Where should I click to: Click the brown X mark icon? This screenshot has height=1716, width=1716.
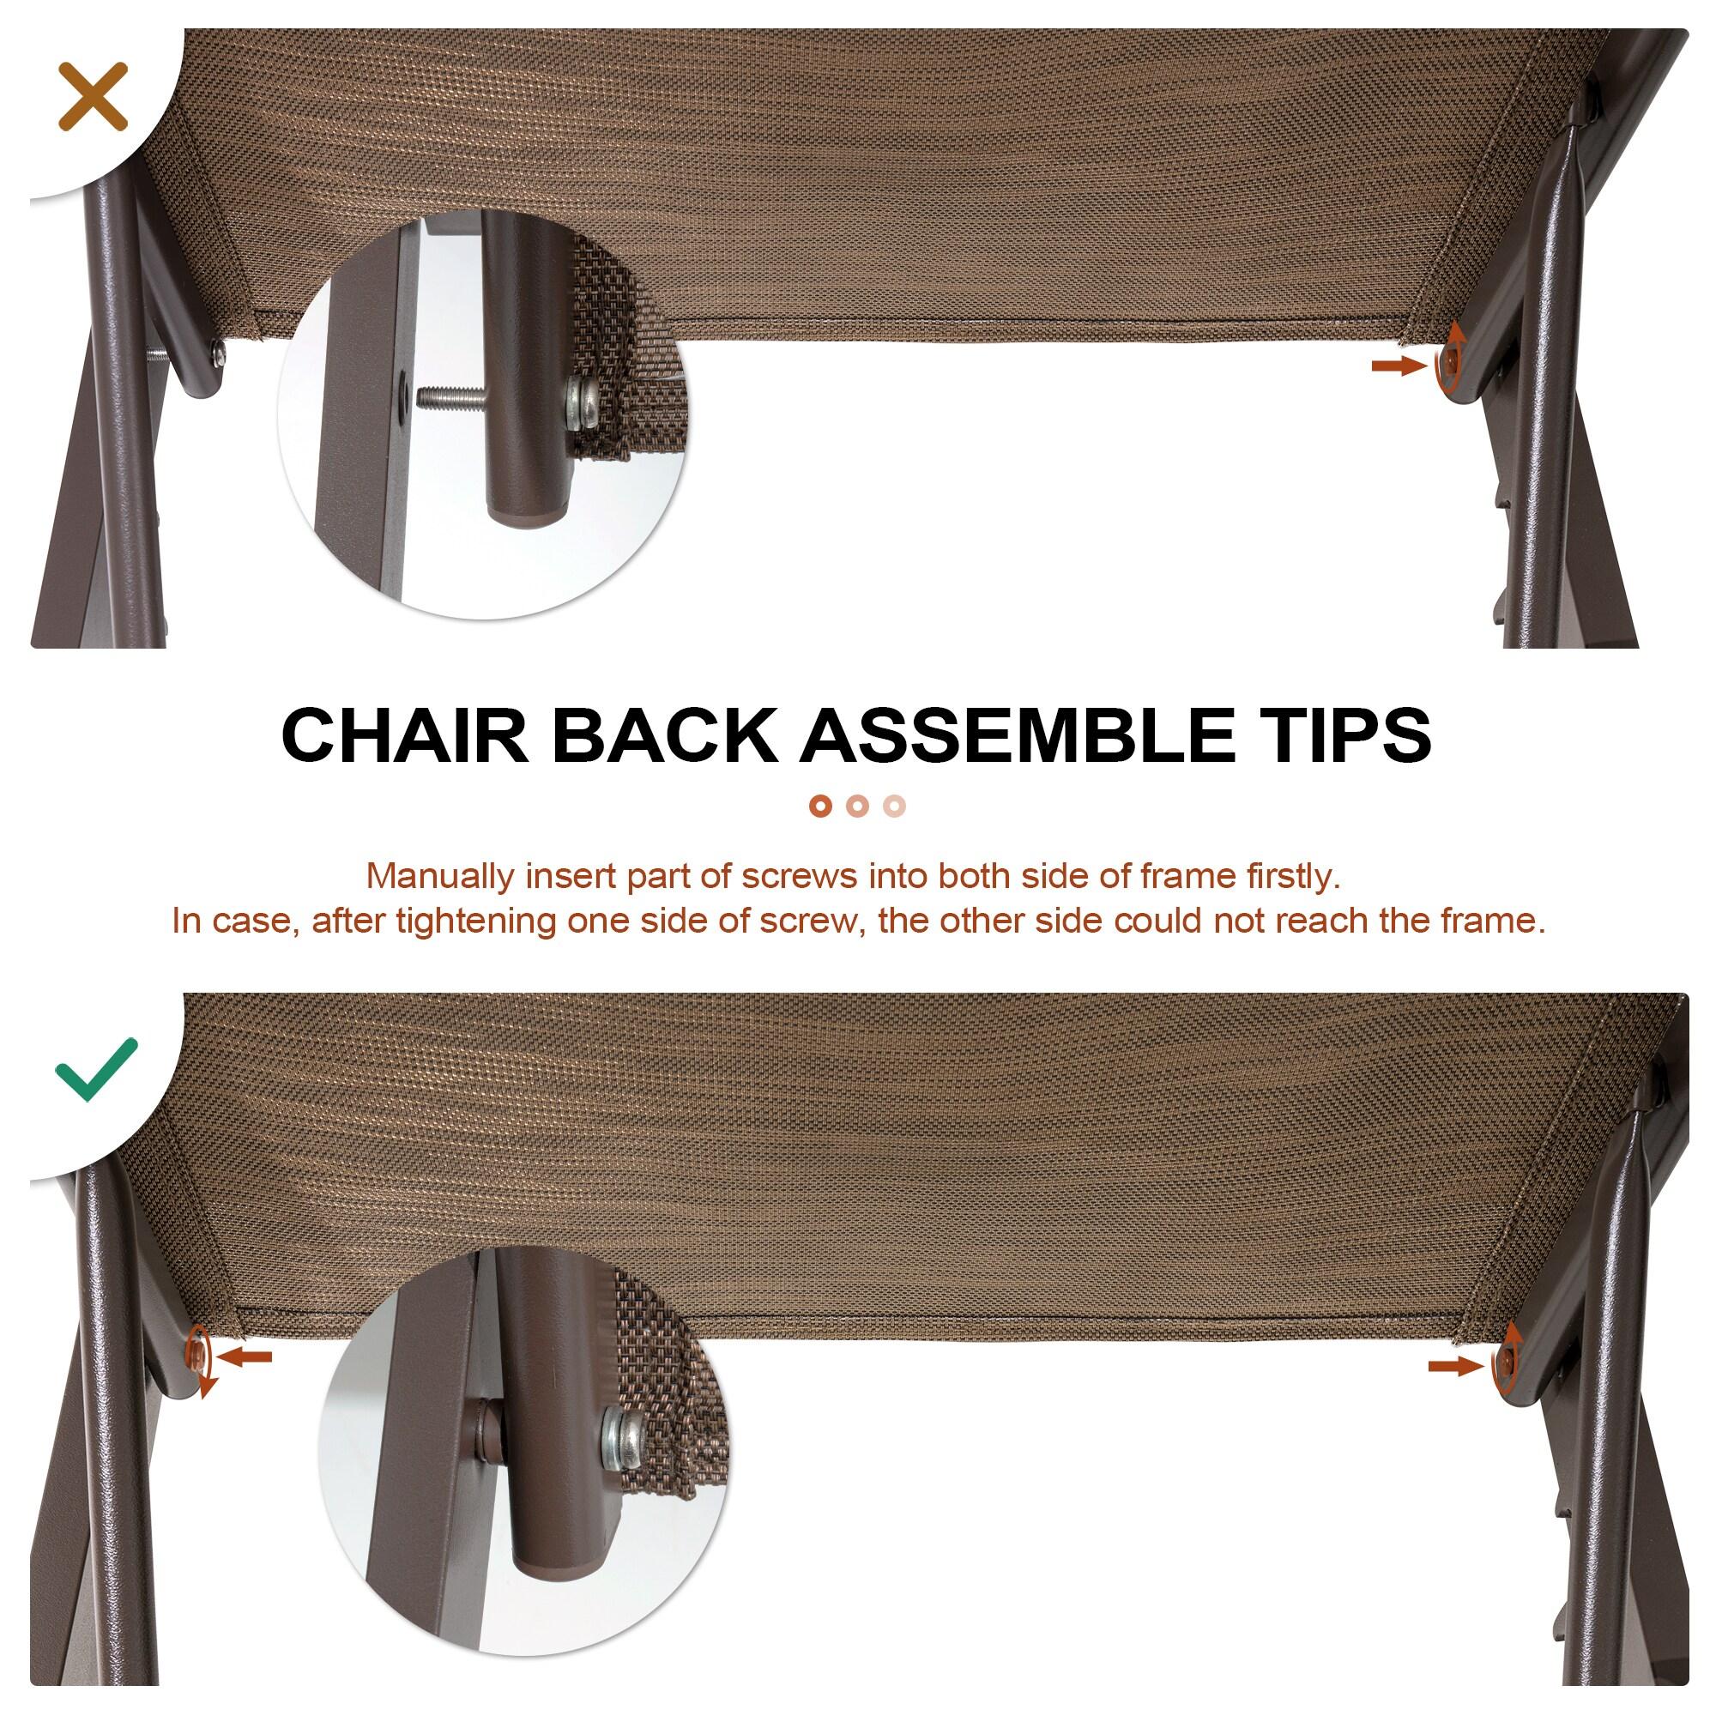[x=94, y=97]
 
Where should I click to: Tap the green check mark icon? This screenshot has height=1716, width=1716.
[x=96, y=1069]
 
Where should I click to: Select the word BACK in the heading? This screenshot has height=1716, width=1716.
[x=664, y=734]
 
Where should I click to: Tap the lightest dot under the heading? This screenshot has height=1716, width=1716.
[x=895, y=807]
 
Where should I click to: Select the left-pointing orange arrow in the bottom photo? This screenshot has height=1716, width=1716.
[x=244, y=1381]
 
